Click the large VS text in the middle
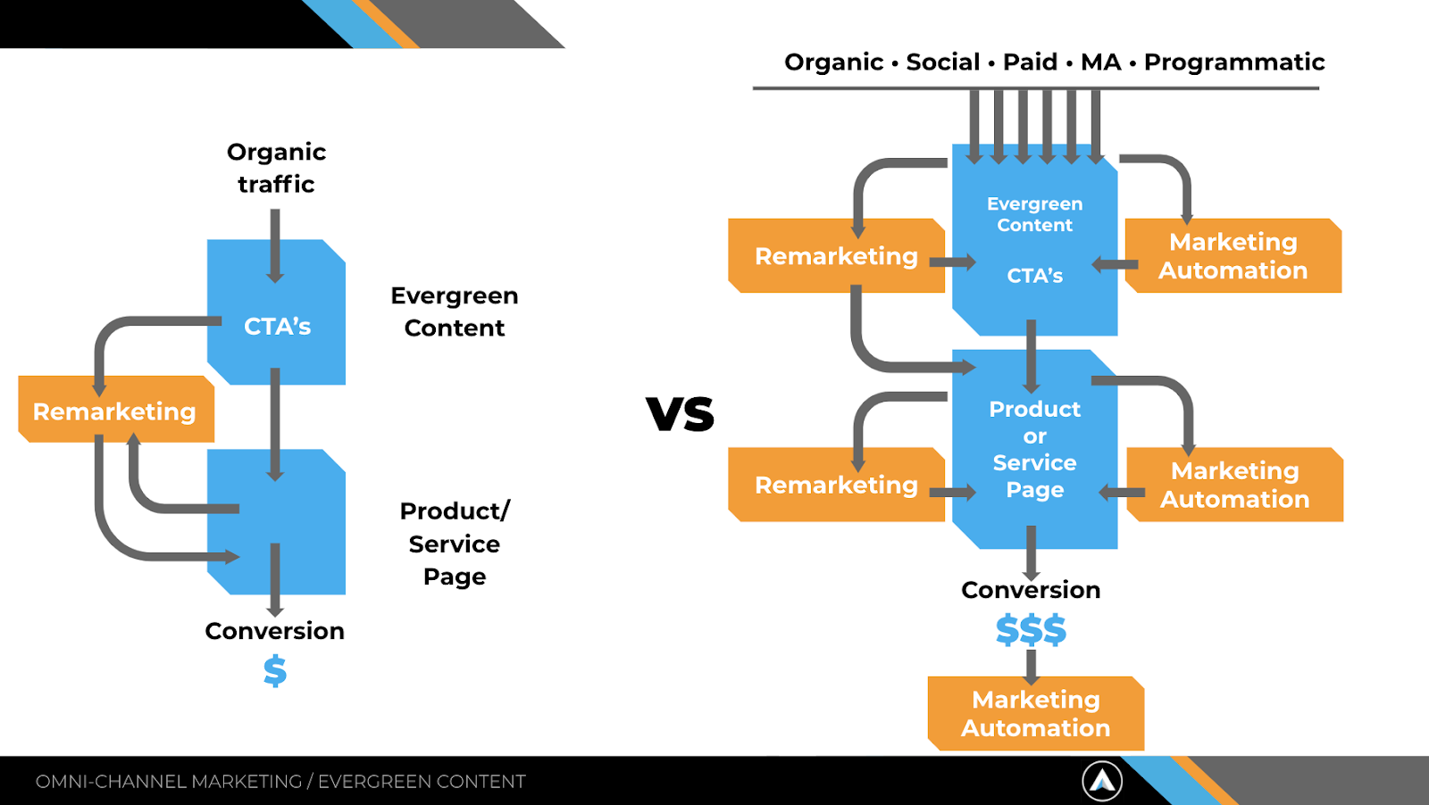tap(681, 414)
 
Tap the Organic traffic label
tap(276, 168)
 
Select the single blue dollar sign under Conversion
tap(275, 671)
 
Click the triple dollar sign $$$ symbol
tap(1031, 630)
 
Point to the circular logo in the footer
tap(1102, 781)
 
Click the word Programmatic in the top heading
tap(1234, 62)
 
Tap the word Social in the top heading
tap(943, 62)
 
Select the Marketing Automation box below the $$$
tap(1036, 713)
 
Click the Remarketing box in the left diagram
tap(115, 411)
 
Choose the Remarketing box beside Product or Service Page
tap(836, 485)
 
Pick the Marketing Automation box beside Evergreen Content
tap(1233, 256)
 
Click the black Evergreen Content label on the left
tap(455, 311)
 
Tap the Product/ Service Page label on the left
tap(455, 544)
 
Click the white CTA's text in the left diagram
tap(278, 327)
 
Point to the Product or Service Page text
tap(1035, 449)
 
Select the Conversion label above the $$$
tap(1031, 590)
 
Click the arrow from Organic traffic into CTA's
tap(275, 245)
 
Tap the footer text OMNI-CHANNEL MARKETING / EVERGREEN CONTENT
tap(280, 782)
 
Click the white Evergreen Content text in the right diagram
tap(1035, 214)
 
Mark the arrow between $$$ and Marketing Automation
tap(1032, 666)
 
